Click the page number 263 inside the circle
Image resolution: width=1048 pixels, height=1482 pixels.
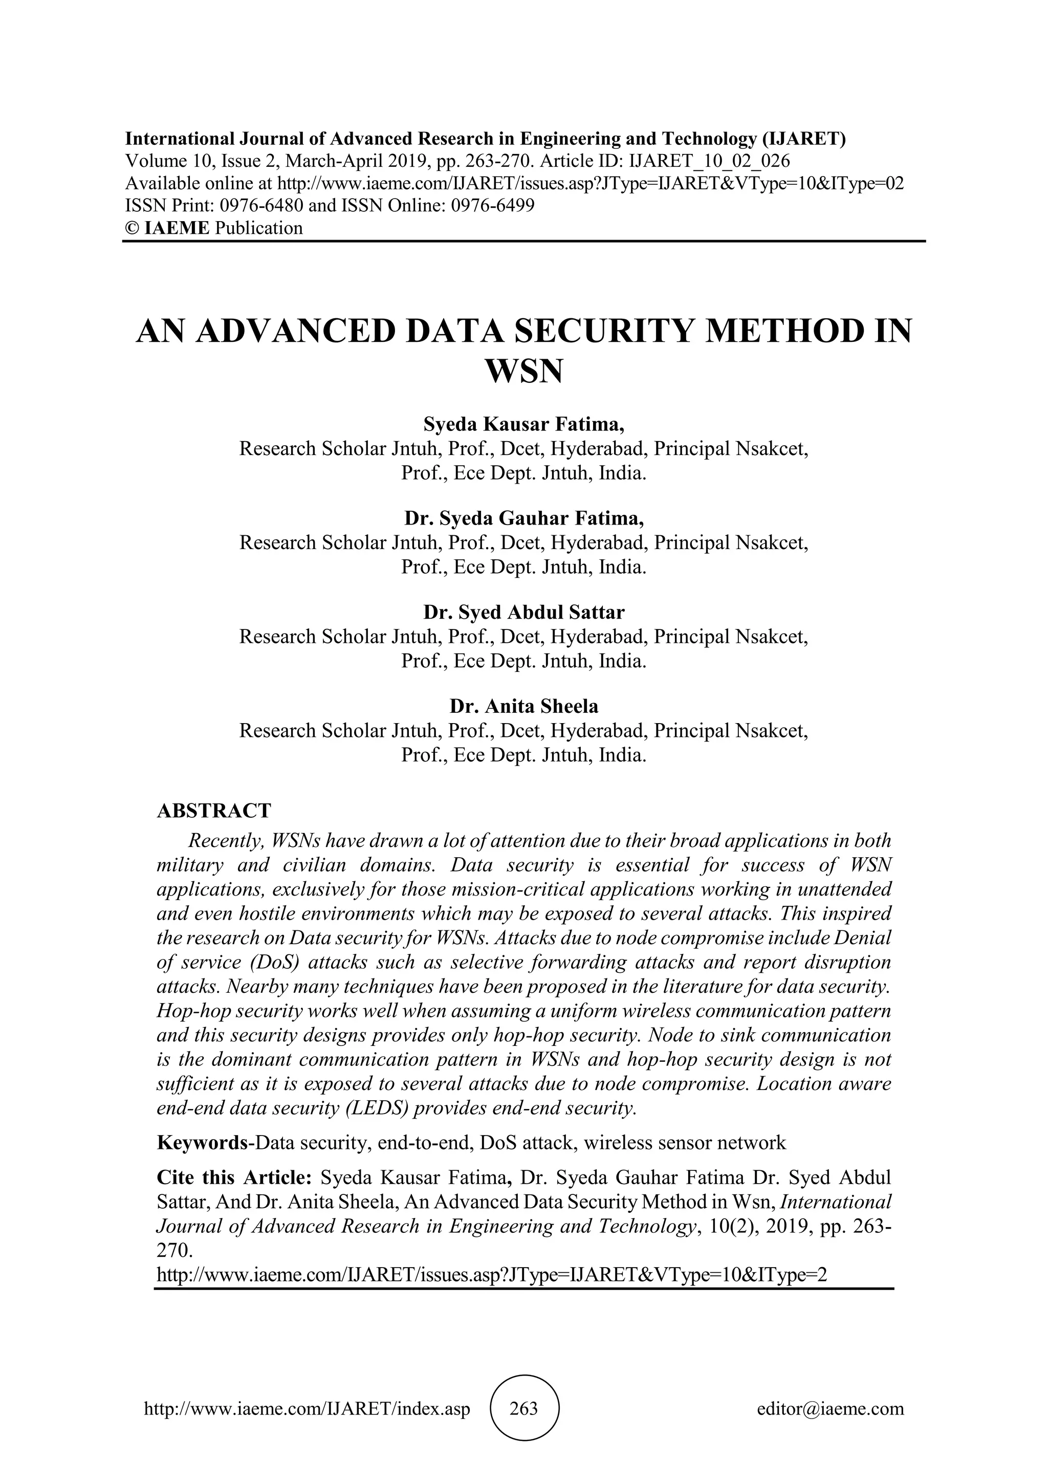pos(523,1408)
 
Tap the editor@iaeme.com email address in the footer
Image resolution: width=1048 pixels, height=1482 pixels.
pos(830,1408)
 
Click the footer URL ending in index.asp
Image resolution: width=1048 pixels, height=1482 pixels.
pos(307,1408)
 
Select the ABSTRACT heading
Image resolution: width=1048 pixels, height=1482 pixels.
pos(213,810)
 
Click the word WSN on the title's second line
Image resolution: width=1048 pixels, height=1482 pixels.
pos(523,371)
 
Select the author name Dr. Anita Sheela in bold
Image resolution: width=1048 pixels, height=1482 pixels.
pos(523,706)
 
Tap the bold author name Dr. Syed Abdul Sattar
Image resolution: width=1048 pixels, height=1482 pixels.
pos(523,612)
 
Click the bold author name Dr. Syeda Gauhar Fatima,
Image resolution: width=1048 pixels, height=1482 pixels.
pos(523,518)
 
